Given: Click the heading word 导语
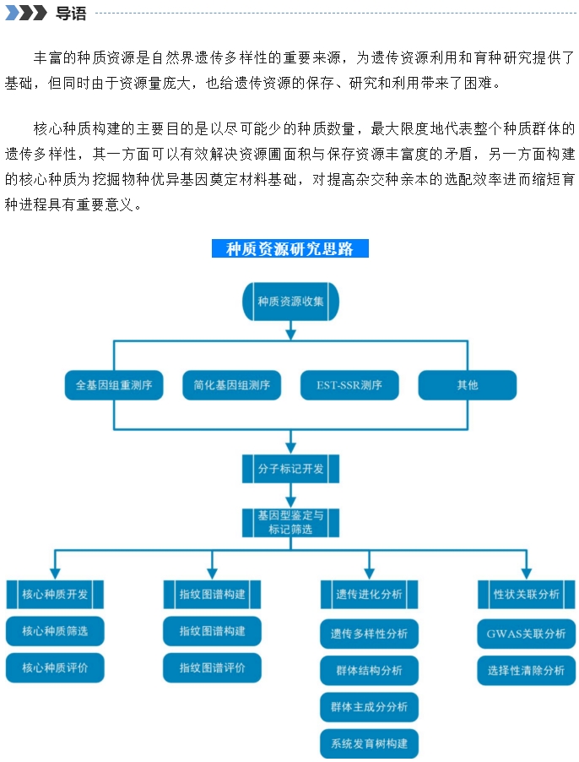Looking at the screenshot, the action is (x=71, y=14).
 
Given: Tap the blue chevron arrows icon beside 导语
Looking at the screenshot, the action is (x=25, y=13).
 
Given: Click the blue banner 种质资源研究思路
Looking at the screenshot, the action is (x=290, y=248).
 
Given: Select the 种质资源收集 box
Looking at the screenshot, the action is (x=290, y=302).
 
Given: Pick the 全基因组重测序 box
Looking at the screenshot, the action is (x=114, y=385).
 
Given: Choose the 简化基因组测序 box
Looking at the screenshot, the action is (x=232, y=385).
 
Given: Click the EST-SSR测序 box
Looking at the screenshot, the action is (x=349, y=385).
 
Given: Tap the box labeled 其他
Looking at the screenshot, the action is (x=468, y=385).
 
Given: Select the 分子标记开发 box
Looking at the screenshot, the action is (x=290, y=469).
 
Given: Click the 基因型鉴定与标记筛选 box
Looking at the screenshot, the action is (x=290, y=522).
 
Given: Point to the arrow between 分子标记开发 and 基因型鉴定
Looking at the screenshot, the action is (x=290, y=496).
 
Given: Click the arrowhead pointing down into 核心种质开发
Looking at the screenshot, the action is (x=55, y=574).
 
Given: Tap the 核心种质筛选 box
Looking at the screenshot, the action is (x=55, y=631).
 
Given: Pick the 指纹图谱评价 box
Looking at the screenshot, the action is (x=212, y=667).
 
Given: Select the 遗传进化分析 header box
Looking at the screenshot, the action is (x=370, y=594).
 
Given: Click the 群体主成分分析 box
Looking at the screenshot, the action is (x=370, y=707).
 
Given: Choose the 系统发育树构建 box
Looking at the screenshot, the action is (x=370, y=743).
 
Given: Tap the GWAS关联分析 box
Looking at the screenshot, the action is (x=527, y=634).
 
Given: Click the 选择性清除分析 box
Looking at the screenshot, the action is (x=527, y=671).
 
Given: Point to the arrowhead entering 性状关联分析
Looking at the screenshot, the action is (x=527, y=574).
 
